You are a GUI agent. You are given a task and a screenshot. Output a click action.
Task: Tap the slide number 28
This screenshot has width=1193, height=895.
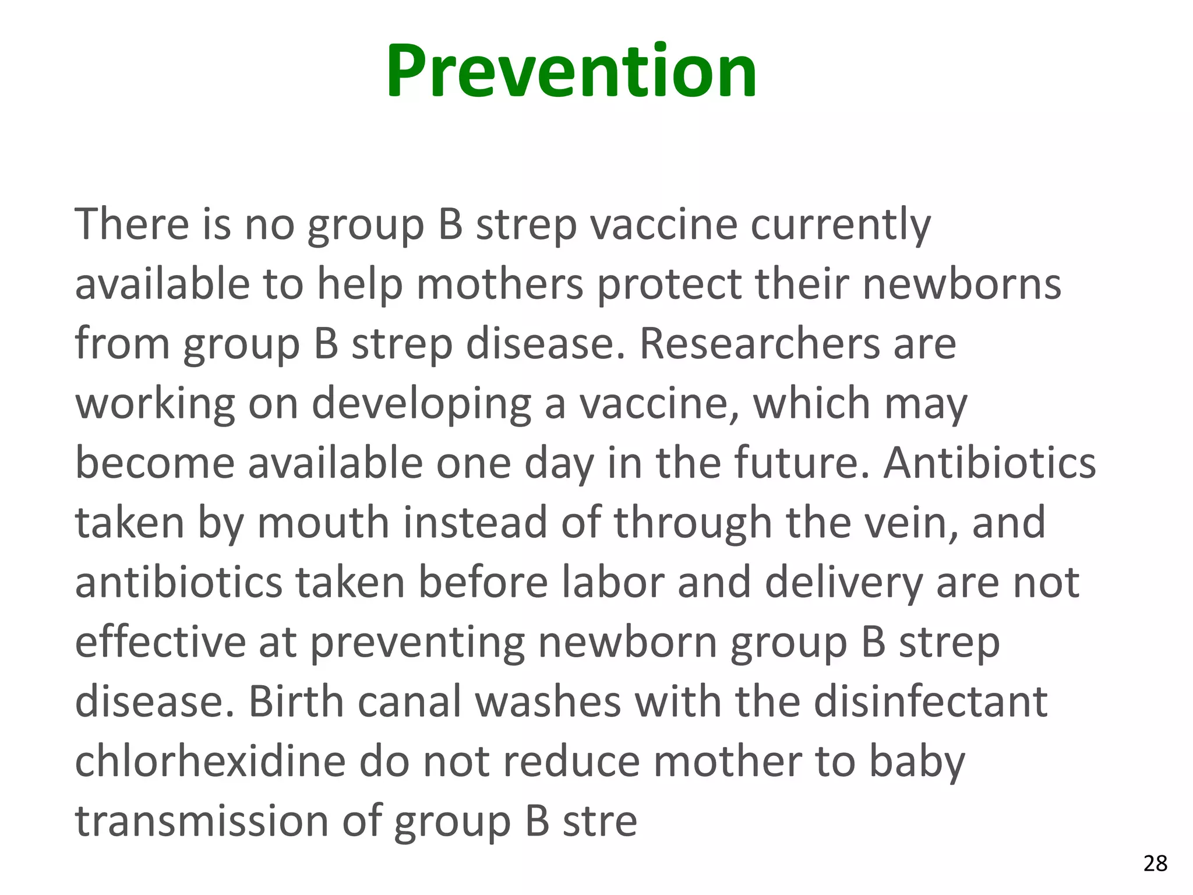click(1155, 863)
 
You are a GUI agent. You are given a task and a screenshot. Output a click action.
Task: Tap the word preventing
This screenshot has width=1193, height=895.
click(417, 644)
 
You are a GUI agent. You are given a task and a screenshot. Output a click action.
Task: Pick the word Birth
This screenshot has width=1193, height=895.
click(296, 702)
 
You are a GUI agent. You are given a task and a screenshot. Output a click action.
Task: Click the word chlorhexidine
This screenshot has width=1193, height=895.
click(210, 762)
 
